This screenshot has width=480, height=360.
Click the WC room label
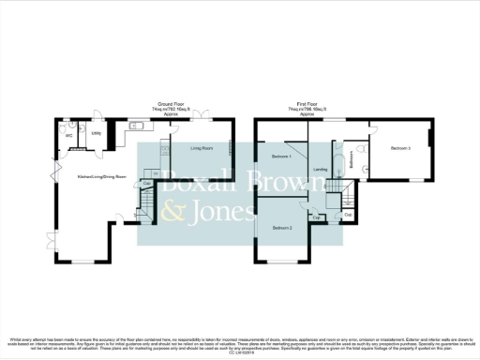click(x=68, y=134)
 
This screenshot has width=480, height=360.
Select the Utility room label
click(x=96, y=133)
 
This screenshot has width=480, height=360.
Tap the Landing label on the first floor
click(x=321, y=170)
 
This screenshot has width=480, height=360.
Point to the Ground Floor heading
click(x=170, y=105)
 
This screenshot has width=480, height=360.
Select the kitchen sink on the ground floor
click(x=138, y=125)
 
